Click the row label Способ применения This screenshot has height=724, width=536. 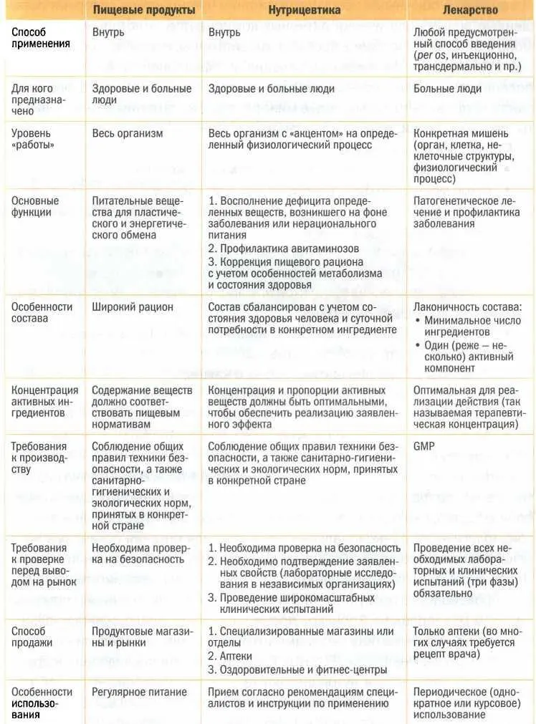[41, 38]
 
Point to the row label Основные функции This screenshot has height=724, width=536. [35, 206]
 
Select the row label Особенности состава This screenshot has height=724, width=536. [42, 312]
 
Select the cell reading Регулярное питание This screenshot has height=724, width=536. [139, 692]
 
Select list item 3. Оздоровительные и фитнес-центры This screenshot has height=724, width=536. [297, 669]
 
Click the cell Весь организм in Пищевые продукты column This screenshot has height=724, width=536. [128, 133]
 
